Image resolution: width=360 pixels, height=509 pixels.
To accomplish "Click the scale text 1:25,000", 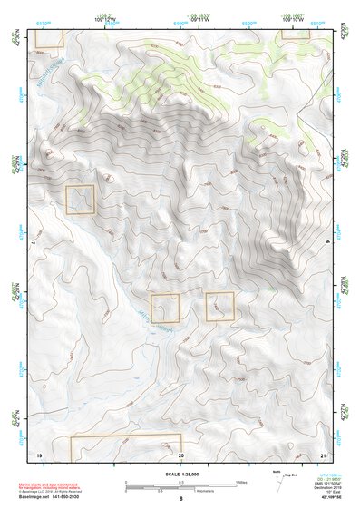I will tap(180, 475).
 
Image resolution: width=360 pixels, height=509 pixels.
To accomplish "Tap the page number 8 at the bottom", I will tap(180, 500).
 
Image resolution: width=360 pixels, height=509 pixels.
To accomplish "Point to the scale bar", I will tap(180, 487).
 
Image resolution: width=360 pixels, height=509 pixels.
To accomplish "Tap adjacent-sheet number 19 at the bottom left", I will tap(38, 454).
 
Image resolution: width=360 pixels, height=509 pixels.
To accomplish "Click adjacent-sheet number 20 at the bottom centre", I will tap(180, 454).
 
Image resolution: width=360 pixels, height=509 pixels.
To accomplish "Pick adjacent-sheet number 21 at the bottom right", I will tap(322, 454).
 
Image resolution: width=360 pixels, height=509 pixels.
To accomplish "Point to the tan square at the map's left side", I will tap(80, 200).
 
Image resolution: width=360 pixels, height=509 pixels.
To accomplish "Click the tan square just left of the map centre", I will tap(165, 308).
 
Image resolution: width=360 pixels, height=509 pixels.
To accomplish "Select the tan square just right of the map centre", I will tap(219, 307).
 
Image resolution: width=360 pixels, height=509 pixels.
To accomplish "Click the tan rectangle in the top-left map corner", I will tap(49, 37).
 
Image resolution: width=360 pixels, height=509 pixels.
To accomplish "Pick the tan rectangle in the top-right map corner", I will tap(296, 34).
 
